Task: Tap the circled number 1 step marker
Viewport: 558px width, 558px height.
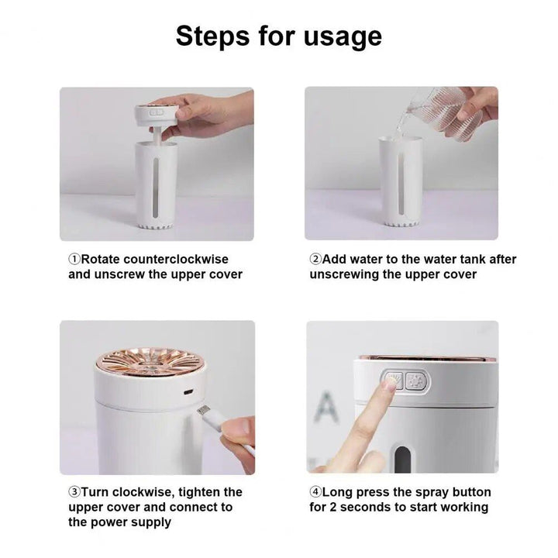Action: [74, 260]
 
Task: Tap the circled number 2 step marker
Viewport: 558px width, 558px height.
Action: [315, 260]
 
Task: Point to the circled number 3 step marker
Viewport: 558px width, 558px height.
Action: [74, 492]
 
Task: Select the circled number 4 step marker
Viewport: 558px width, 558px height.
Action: [315, 492]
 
